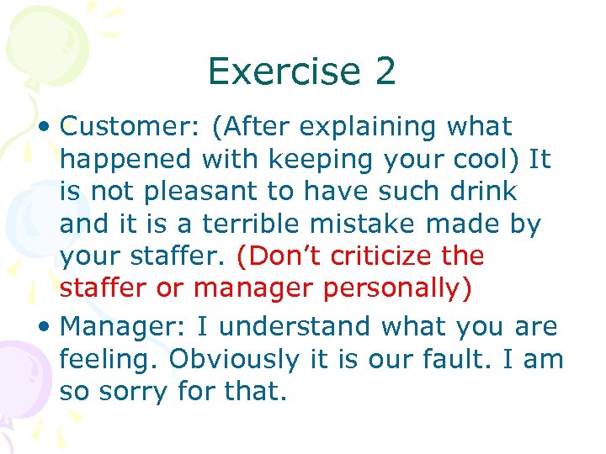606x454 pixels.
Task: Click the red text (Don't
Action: tap(280, 256)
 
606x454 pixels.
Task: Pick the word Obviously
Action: tap(234, 359)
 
